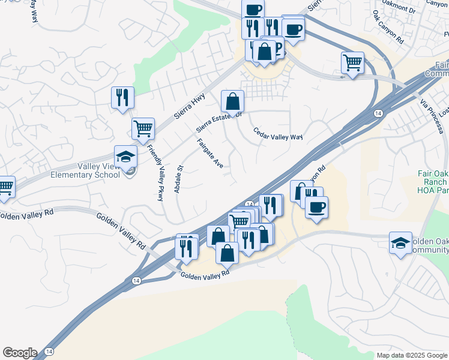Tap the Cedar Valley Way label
[x=277, y=134]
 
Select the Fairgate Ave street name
[x=210, y=154]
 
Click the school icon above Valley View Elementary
[x=126, y=157]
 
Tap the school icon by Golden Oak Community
[x=400, y=242]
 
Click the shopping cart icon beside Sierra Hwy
[x=143, y=128]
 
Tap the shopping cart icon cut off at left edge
[x=5, y=186]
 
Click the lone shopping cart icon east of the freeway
[x=352, y=62]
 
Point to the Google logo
[x=20, y=353]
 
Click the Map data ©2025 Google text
[x=411, y=355]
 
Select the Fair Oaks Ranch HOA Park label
[x=433, y=182]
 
